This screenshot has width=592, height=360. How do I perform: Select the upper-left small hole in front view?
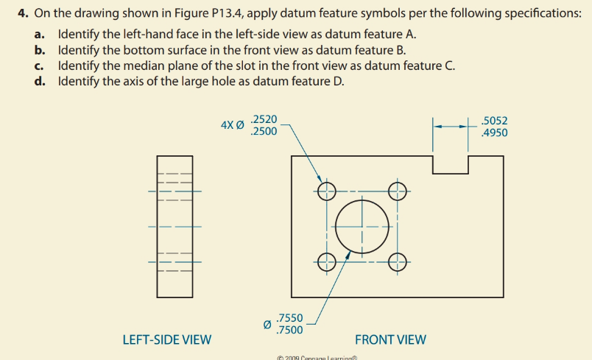click(327, 192)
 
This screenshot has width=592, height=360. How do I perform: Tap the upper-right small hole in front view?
click(397, 192)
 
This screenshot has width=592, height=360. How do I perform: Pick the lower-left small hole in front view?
click(327, 261)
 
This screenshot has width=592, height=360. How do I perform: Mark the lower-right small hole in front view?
click(397, 261)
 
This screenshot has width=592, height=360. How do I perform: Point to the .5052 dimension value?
click(493, 121)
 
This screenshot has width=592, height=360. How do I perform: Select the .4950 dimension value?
click(493, 133)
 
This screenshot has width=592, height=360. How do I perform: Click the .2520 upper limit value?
click(264, 119)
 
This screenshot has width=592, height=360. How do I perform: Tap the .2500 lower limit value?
click(264, 131)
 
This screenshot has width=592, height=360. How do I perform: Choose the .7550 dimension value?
click(288, 318)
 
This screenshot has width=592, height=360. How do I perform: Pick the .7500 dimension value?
click(288, 329)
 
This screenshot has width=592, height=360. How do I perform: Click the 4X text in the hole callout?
click(228, 125)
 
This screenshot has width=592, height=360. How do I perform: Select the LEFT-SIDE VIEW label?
click(166, 339)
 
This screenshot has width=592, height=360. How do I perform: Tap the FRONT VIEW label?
click(390, 339)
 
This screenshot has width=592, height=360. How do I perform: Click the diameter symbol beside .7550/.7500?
click(267, 324)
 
